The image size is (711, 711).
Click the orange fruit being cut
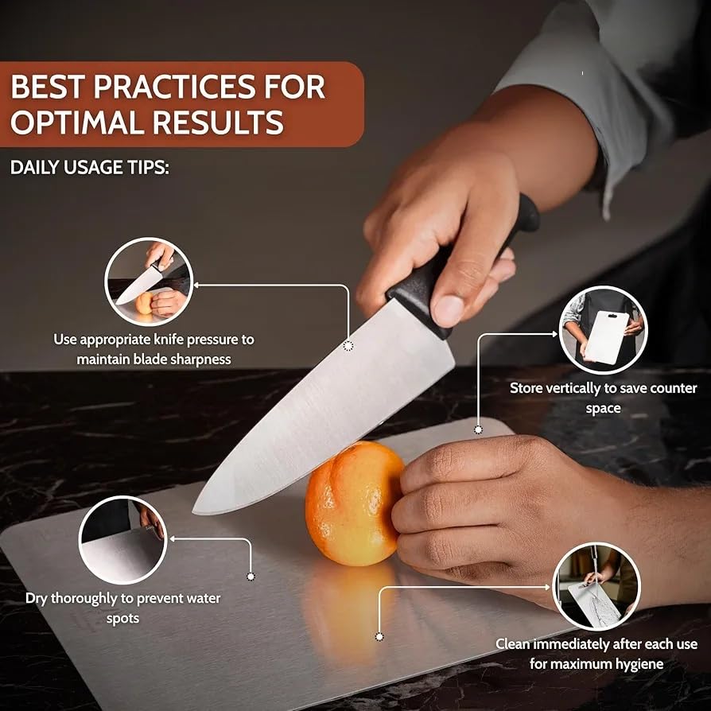354,503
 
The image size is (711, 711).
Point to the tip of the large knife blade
194,512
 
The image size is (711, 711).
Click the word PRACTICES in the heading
175,86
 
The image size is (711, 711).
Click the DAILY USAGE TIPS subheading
89,167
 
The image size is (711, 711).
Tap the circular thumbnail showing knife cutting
149,282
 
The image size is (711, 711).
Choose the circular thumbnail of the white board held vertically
603,330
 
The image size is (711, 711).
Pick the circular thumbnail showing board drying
123,540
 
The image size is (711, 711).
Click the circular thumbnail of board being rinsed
596,586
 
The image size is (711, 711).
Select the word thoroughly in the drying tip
85,599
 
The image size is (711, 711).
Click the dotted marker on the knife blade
348,346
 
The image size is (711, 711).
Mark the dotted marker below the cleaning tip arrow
379,636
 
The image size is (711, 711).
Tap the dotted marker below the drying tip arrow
251,577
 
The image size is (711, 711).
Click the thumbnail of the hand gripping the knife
149,282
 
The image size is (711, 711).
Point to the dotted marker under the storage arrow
478,429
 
